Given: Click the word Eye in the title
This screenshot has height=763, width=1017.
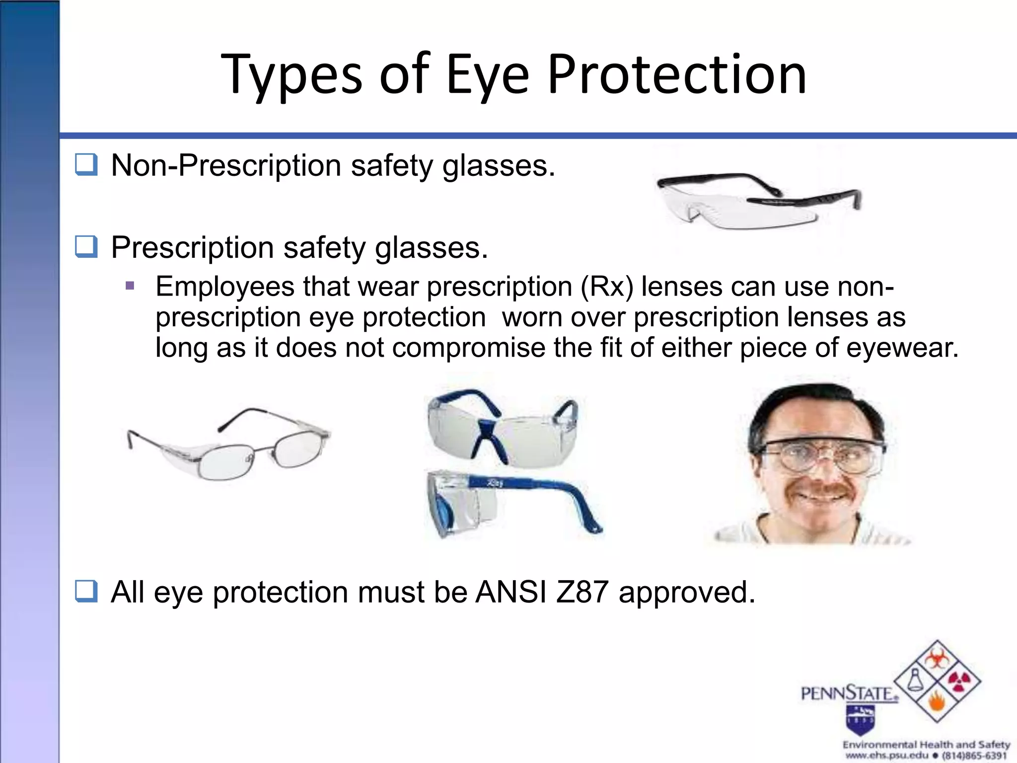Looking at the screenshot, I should point(488,76).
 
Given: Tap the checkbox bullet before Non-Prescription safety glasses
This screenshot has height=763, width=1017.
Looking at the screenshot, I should point(86,165).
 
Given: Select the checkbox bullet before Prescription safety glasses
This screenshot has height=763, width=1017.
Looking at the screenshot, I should point(86,247).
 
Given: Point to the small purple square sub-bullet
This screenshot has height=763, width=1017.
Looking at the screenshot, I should point(130,286).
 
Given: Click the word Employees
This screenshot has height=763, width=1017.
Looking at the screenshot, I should point(225,287).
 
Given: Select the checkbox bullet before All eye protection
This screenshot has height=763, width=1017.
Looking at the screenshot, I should point(86,592).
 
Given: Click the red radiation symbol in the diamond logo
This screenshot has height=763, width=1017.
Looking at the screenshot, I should point(959,683).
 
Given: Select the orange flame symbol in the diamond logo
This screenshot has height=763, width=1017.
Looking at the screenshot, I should point(937,704).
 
